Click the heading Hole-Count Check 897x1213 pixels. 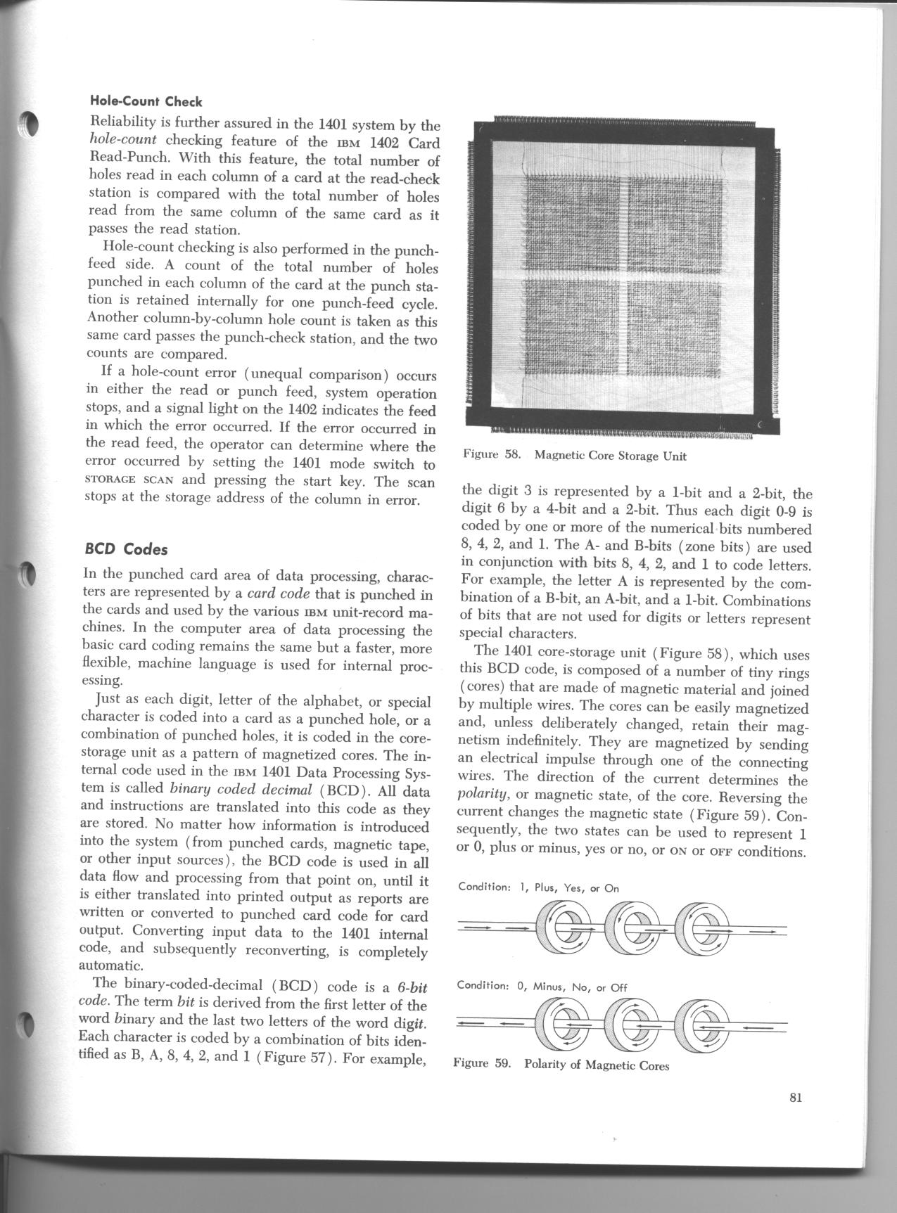click(146, 102)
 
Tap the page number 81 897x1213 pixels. click(796, 1098)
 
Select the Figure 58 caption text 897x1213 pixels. click(574, 455)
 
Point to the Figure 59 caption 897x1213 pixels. click(561, 1065)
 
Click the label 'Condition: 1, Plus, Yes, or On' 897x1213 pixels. click(538, 887)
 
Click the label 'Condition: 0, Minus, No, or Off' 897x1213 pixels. click(542, 987)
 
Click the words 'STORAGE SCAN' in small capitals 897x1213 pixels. click(125, 482)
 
